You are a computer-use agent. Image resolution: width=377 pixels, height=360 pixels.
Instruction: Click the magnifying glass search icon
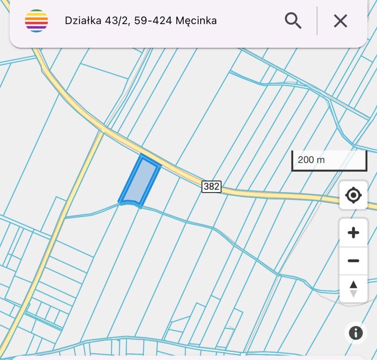click(293, 20)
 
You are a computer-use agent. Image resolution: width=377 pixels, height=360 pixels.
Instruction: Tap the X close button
click(340, 21)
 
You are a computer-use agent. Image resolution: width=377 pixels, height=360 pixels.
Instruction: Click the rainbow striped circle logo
click(37, 21)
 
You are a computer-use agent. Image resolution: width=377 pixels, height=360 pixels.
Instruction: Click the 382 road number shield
click(211, 186)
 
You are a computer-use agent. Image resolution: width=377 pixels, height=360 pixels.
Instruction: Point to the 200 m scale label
click(311, 160)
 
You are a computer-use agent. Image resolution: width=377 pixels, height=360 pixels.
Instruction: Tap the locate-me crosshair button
click(353, 195)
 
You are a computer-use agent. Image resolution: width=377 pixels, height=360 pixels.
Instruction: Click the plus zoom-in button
click(353, 233)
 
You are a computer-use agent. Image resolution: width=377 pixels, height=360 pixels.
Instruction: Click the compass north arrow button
click(353, 289)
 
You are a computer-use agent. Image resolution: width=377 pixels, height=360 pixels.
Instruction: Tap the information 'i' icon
click(356, 332)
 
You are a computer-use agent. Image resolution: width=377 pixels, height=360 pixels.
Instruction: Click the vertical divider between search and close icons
click(317, 21)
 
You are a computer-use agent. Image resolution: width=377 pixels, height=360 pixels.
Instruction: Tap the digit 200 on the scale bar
click(305, 160)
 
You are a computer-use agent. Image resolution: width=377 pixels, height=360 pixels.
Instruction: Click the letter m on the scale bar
click(320, 160)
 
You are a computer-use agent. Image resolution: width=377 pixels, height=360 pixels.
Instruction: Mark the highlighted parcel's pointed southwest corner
click(120, 202)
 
